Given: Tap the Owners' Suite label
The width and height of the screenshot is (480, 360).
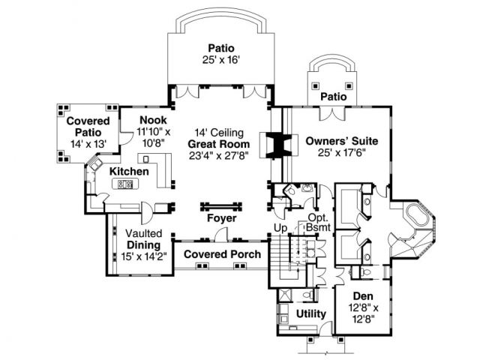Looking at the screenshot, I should [x=341, y=140].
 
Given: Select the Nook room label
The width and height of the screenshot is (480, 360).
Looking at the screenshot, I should [x=154, y=120].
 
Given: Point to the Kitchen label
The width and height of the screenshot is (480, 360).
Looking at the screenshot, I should [x=129, y=172].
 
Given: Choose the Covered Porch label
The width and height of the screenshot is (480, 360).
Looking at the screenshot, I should [x=222, y=254].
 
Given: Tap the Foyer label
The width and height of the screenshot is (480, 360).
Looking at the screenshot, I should [x=222, y=218].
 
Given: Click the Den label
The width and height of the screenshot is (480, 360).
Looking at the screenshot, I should [x=363, y=297].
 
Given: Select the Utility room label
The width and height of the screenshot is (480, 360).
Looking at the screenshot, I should [x=310, y=313].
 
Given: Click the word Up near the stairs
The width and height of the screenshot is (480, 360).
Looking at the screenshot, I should [x=280, y=227].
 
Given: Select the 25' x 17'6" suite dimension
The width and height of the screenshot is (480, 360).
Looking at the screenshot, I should [x=341, y=153].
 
